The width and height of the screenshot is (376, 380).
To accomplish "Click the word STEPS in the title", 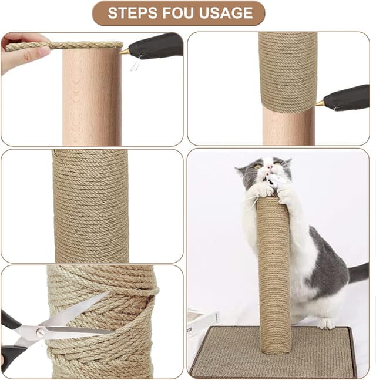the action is (x=133, y=13).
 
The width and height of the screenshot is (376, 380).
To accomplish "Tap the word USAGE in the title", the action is (x=226, y=13).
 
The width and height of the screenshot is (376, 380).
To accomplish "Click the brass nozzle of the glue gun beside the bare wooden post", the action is (x=124, y=51).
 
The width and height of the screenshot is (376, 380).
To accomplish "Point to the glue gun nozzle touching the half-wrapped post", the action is (x=320, y=103).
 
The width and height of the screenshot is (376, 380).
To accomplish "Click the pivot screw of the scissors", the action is (x=40, y=331).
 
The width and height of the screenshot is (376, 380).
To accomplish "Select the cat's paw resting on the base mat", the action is (x=326, y=324).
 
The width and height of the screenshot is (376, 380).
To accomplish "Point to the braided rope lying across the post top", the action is (x=64, y=46).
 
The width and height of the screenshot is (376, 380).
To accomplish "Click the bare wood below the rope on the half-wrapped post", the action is (x=288, y=127).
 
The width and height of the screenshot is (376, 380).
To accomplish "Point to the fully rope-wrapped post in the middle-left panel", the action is (x=91, y=206).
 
